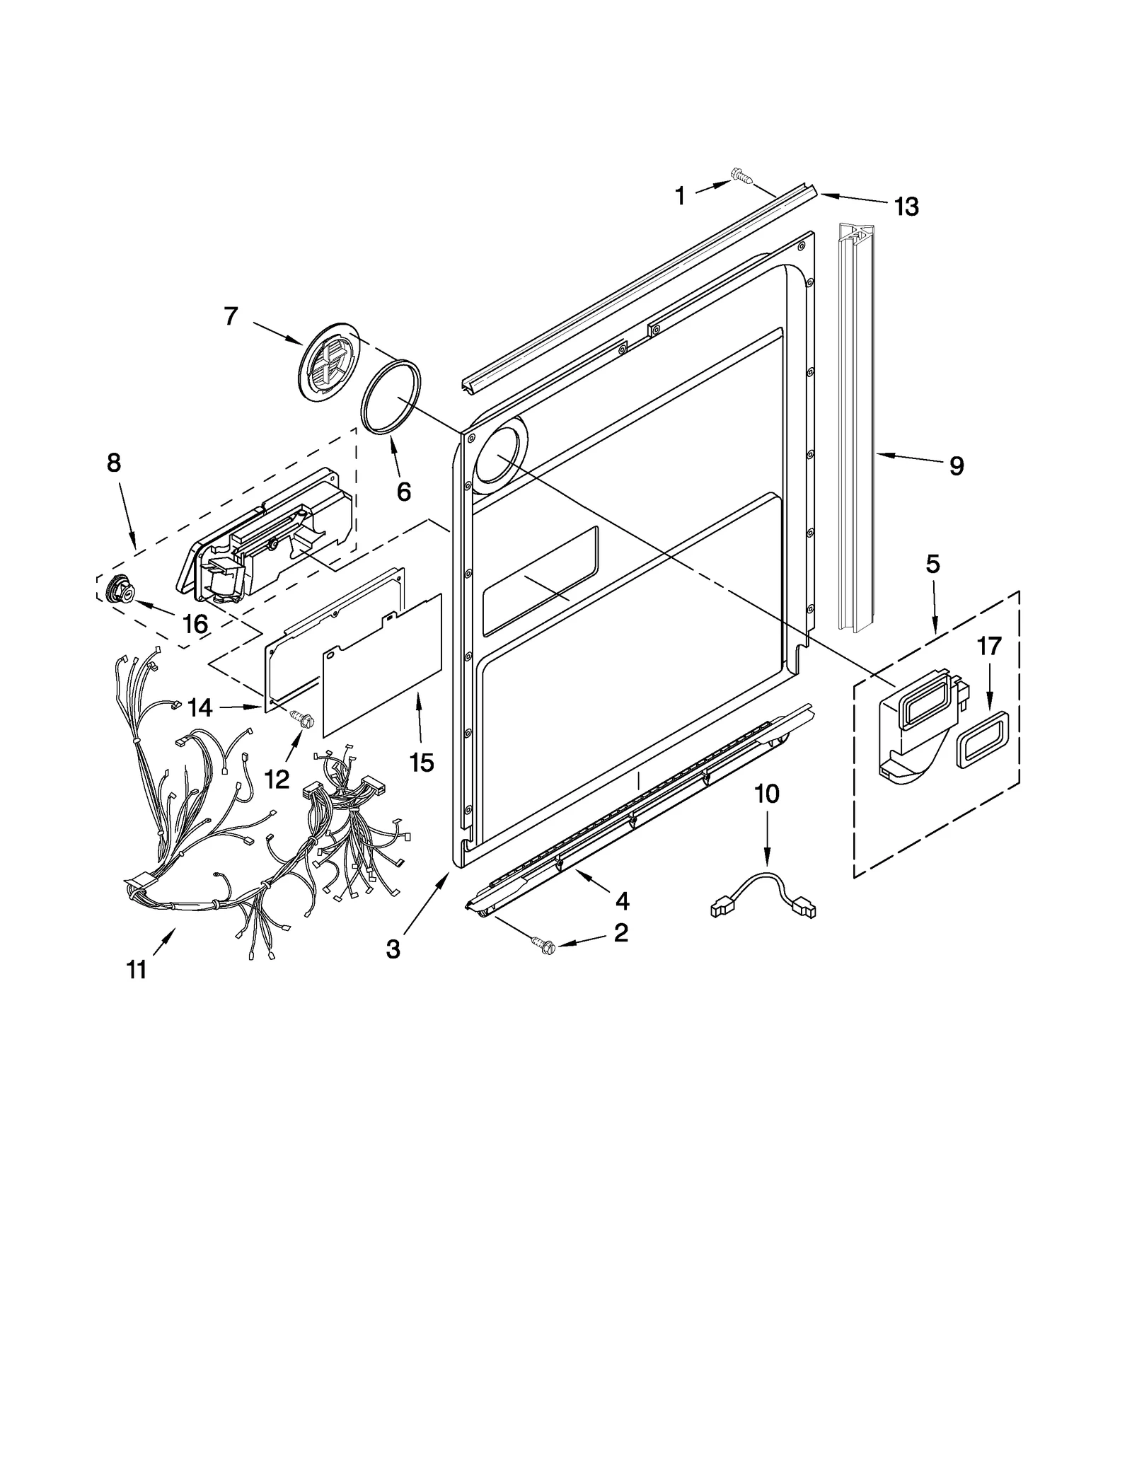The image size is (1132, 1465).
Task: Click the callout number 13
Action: [x=906, y=207]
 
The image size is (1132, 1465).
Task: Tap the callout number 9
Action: [x=956, y=465]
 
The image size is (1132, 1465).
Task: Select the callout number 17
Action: [x=989, y=646]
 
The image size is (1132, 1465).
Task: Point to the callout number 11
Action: [x=136, y=969]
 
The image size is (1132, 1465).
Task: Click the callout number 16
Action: [x=195, y=624]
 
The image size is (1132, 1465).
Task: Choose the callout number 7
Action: [x=231, y=316]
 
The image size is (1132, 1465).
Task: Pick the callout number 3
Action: [x=393, y=949]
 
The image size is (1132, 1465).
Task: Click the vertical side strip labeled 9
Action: [x=857, y=424]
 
